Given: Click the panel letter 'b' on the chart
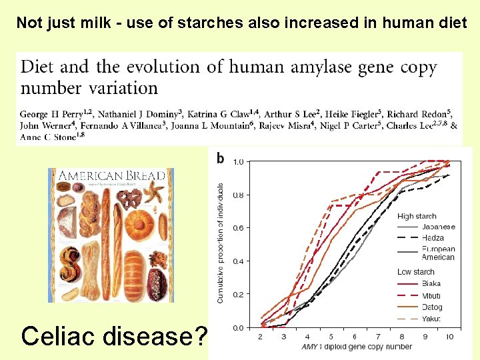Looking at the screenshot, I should (220, 159).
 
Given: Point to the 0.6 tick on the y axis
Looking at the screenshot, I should (237, 228).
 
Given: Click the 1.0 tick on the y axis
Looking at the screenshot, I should (237, 161).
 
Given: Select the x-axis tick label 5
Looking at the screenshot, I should (331, 337).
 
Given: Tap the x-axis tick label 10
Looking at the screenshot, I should (449, 337).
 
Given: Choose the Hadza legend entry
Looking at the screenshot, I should (435, 237).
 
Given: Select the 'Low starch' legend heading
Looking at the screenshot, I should (416, 272).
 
